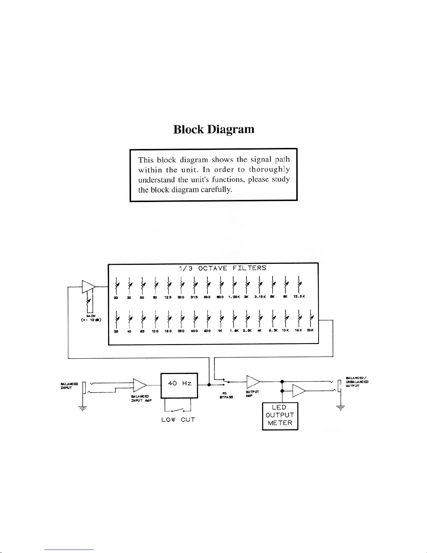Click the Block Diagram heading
pyautogui.click(x=214, y=129)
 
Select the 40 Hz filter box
pyautogui.click(x=179, y=385)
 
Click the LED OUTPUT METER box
pyautogui.click(x=280, y=416)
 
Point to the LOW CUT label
pyautogui.click(x=178, y=420)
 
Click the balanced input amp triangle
pyautogui.click(x=140, y=385)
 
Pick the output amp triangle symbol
pyautogui.click(x=253, y=382)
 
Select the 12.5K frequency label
pyautogui.click(x=299, y=297)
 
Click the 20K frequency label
pyautogui.click(x=310, y=330)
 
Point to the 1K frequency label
pyautogui.click(x=220, y=330)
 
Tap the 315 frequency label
pyautogui.click(x=194, y=297)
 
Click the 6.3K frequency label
pyautogui.click(x=272, y=330)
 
